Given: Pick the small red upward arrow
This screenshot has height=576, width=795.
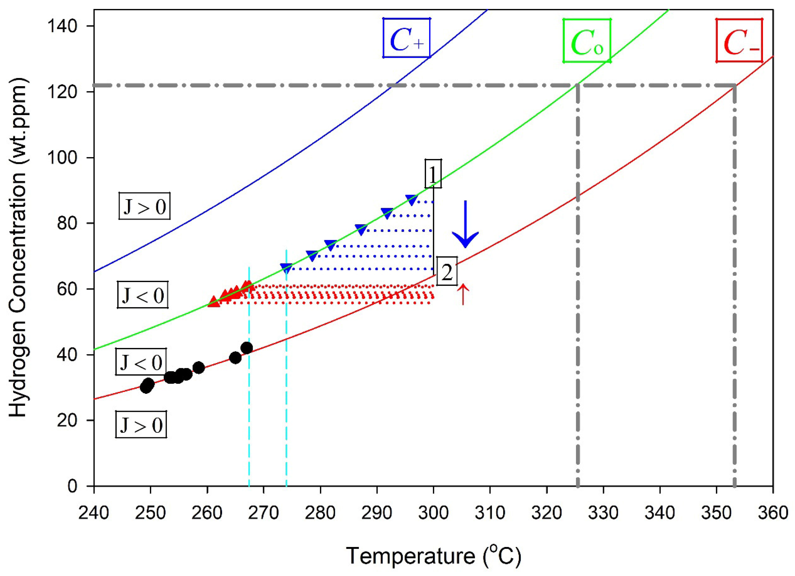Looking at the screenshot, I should click(463, 294).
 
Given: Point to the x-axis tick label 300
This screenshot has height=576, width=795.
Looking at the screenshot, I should click(434, 513).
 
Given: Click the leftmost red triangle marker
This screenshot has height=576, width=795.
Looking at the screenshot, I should click(214, 302).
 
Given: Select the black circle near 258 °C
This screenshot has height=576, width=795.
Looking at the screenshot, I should click(199, 368).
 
